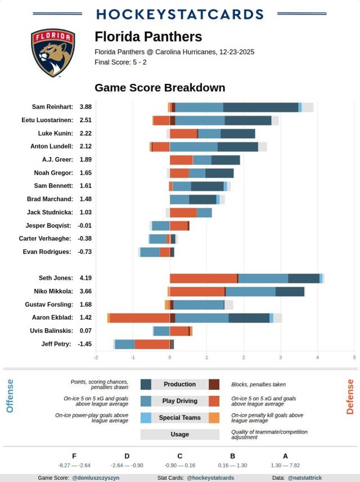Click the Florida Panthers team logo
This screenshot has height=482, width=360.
point(53,53)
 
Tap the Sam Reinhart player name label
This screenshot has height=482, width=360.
point(52,106)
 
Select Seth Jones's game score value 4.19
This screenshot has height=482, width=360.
point(85,278)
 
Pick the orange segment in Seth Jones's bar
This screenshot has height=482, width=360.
point(203,278)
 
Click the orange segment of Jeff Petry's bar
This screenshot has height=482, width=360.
point(152,344)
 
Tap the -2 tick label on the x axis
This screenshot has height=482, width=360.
point(96,357)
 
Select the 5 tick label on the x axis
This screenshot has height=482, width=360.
point(354,357)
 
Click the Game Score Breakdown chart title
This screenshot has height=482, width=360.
point(160,88)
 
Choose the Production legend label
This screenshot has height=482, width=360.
point(179,385)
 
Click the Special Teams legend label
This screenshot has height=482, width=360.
point(179,418)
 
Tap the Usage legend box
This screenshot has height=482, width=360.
point(179,434)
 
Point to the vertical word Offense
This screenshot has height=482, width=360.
point(10,396)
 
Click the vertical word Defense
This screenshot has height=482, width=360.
point(350,396)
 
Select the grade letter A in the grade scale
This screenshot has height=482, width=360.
point(285,457)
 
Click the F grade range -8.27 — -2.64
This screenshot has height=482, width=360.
point(74,466)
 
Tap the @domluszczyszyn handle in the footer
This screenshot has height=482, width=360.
point(96,478)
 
